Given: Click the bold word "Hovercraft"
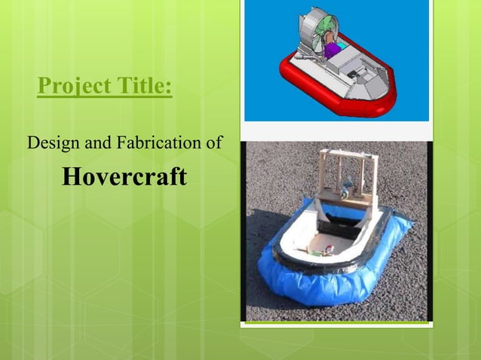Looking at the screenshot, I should [x=124, y=177].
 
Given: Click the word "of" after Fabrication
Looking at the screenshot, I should [x=213, y=140].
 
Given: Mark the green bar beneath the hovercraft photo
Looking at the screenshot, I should [x=337, y=324].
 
